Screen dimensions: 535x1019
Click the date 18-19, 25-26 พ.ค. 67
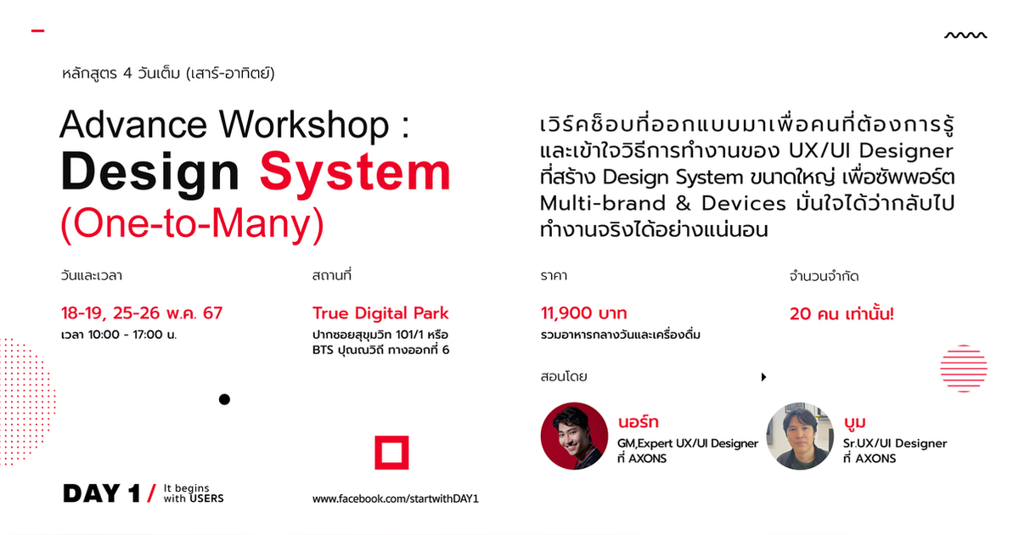[x=141, y=313]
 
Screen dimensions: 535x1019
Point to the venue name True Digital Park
[x=380, y=313]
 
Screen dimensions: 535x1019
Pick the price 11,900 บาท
[x=583, y=313]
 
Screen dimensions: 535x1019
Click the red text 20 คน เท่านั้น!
[x=842, y=313]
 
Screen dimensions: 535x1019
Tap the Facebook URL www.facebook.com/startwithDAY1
[x=396, y=498]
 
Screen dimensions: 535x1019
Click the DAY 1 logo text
[x=101, y=493]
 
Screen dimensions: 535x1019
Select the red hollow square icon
[x=391, y=453]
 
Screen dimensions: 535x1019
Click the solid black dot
[x=224, y=399]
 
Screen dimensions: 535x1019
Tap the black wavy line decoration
[x=966, y=36]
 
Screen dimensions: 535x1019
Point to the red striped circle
[x=964, y=369]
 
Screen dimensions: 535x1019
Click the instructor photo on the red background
[x=576, y=436]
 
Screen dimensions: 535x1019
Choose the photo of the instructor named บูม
[x=800, y=436]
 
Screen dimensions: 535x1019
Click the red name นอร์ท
[x=639, y=422]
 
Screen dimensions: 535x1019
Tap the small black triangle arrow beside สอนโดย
[x=763, y=376]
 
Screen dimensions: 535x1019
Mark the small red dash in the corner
[x=37, y=31]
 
